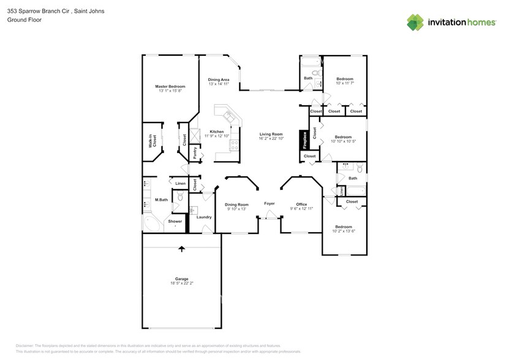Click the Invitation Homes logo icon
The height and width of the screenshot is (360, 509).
click(x=415, y=22)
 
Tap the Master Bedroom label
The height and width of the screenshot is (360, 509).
click(x=170, y=86)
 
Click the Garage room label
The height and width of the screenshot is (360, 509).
click(x=181, y=279)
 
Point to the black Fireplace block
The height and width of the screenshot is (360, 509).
click(x=303, y=140)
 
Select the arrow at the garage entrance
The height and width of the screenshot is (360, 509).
click(x=181, y=249)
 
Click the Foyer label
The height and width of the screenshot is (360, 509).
click(x=269, y=203)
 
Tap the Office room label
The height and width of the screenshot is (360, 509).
click(x=301, y=204)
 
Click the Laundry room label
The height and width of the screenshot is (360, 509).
click(x=204, y=217)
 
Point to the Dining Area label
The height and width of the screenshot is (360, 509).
click(x=219, y=80)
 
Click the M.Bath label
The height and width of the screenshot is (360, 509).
click(x=161, y=200)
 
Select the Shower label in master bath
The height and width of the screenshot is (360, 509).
click(x=175, y=221)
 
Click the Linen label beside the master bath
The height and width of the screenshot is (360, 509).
click(x=180, y=184)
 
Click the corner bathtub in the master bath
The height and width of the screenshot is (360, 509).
click(x=151, y=224)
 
